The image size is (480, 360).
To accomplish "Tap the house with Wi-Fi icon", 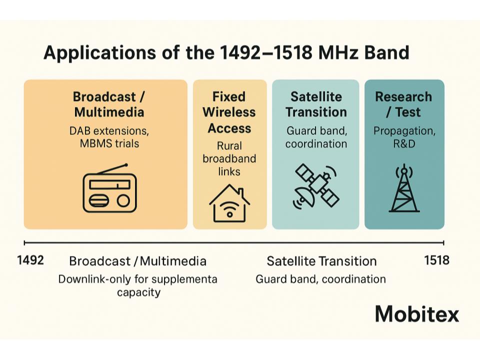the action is coord(229,203).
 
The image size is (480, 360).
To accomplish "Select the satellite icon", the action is coord(316,186).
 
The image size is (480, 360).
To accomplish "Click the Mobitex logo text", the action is coord(417,314).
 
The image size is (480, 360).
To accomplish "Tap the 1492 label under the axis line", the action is coord(30,260).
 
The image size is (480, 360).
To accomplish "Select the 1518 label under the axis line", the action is coord(436,260).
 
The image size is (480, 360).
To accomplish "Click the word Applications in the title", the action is coord(100,52).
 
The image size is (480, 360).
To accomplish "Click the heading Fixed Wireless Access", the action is coord(229,112).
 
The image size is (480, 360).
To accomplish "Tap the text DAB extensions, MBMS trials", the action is coord(109,137).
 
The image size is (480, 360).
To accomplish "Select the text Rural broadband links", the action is coord(229,158).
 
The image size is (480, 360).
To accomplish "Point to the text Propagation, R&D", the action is coord(404,137).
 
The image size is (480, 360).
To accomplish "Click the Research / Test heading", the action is coord(403,104).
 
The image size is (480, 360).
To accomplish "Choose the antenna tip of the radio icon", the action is coord(125,165).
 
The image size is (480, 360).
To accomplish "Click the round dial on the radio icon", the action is coord(123,201).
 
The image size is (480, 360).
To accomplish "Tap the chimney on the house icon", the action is coord(240,192).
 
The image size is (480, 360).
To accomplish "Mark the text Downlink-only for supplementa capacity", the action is coord(138,285).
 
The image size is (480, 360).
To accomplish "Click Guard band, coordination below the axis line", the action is coord(320,279).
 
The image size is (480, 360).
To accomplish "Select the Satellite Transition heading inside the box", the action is coord(316,104).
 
